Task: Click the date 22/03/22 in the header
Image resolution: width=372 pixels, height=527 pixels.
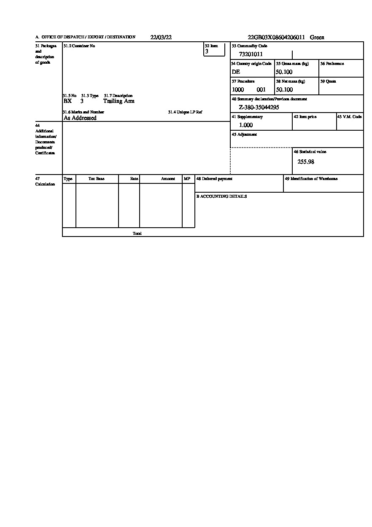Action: [161, 37]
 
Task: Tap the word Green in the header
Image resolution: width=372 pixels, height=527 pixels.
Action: [317, 37]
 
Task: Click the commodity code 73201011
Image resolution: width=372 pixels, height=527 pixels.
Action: [251, 54]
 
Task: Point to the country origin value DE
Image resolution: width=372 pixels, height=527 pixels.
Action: [236, 72]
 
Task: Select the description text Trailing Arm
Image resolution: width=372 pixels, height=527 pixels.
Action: [119, 101]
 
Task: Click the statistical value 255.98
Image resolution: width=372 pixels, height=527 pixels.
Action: [306, 162]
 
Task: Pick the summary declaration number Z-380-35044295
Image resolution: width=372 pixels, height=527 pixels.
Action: [259, 108]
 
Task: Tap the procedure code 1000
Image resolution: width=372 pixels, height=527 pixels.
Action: [238, 90]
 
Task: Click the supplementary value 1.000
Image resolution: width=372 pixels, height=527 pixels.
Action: [246, 125]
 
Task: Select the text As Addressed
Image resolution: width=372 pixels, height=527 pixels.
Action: [80, 118]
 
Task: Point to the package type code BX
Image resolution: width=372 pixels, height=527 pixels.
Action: [67, 101]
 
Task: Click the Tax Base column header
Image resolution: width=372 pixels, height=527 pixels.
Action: [97, 179]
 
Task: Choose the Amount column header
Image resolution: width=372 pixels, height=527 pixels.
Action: [168, 179]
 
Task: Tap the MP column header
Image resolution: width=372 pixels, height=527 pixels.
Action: [187, 179]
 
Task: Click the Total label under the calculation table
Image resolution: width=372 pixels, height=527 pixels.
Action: [137, 233]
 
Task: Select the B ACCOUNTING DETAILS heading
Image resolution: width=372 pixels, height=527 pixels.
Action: [221, 196]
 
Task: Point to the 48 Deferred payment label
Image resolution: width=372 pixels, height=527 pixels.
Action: [214, 179]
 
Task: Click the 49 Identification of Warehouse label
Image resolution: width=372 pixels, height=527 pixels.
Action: [311, 179]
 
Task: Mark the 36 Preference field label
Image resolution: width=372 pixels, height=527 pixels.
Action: [332, 64]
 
